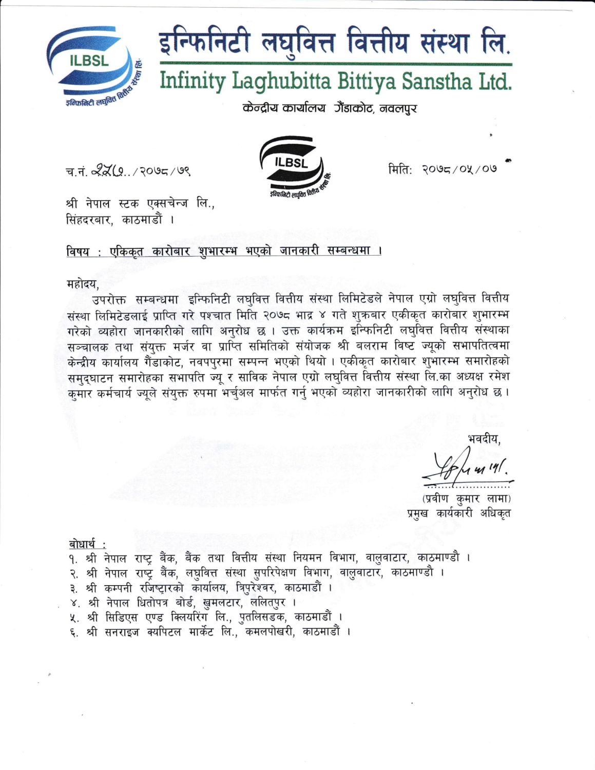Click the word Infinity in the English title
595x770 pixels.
pyautogui.click(x=193, y=81)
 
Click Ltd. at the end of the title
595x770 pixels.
pyautogui.click(x=494, y=81)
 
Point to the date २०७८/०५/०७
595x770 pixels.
pyautogui.click(x=459, y=169)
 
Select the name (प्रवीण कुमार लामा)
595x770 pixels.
pyautogui.click(x=466, y=498)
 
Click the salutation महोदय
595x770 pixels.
pyautogui.click(x=82, y=283)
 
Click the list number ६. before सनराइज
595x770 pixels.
pyautogui.click(x=74, y=632)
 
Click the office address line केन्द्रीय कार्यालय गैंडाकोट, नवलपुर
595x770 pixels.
pyautogui.click(x=329, y=108)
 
